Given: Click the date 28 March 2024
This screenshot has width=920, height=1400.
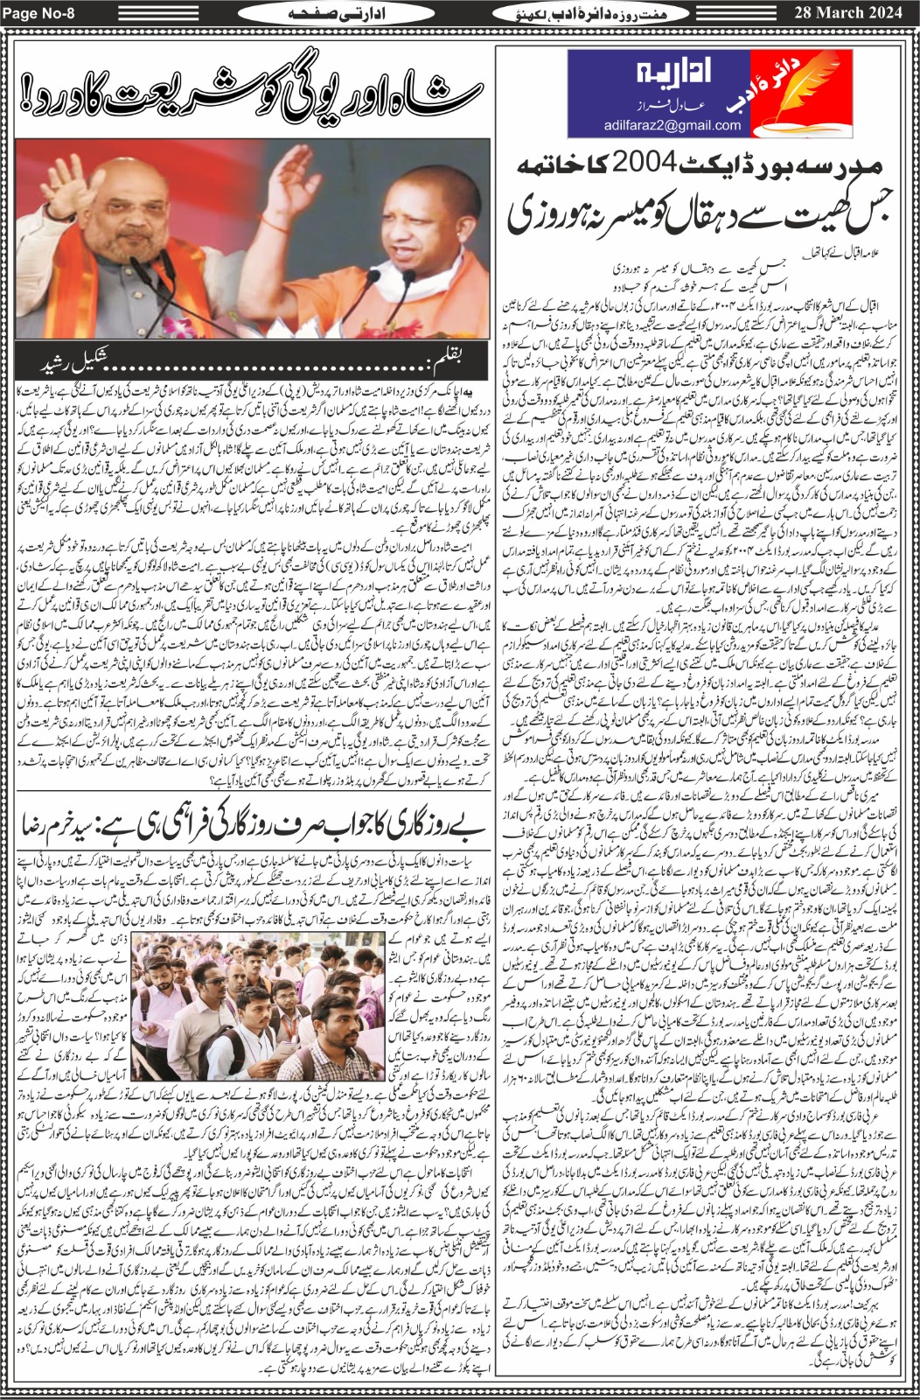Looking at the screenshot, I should pos(847,12).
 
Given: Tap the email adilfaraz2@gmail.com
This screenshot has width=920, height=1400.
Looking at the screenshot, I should pos(673,125).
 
